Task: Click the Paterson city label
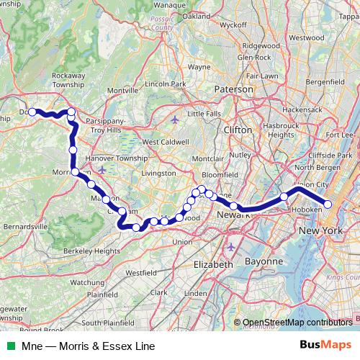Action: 234,89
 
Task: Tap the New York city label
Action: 320,230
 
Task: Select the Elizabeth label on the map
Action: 214,264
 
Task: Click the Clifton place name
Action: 238,130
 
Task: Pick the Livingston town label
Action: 158,173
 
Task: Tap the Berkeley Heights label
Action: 92,251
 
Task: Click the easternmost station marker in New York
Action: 328,204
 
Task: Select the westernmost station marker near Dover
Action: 32,112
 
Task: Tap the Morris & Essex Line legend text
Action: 88,346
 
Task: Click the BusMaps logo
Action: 325,345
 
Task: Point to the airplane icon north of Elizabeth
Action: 230,247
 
